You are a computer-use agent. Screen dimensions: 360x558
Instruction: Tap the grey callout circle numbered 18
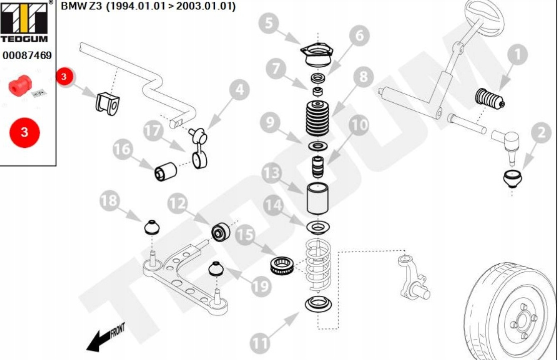coord(110,201)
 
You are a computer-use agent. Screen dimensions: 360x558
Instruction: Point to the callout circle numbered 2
coord(540,133)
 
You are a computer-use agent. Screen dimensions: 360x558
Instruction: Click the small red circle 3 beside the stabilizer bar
coord(64,77)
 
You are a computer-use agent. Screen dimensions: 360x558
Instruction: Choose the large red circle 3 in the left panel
coord(24,132)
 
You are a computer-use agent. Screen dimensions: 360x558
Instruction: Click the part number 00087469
coord(27,56)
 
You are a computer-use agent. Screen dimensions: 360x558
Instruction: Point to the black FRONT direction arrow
coord(104,338)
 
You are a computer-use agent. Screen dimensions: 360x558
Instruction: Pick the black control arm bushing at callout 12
coord(220,232)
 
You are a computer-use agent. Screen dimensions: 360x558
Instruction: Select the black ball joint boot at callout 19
coord(216,269)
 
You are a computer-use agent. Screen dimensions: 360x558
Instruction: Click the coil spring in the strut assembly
coord(318,266)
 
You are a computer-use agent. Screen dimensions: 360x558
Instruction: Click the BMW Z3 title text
coord(148,7)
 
